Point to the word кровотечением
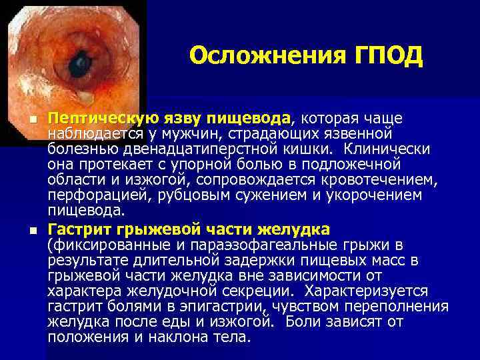click(379, 179)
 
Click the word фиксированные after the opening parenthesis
click(103, 246)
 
